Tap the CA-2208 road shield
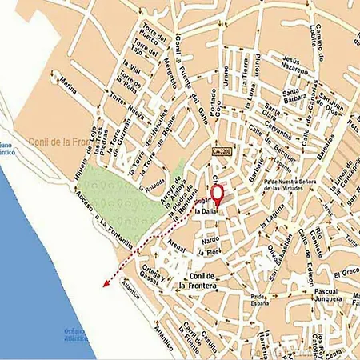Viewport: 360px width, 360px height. pos(224,150)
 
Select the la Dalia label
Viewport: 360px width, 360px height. pos(210,210)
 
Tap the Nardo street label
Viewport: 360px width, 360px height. pos(210,238)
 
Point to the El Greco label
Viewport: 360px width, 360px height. pos(347,272)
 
